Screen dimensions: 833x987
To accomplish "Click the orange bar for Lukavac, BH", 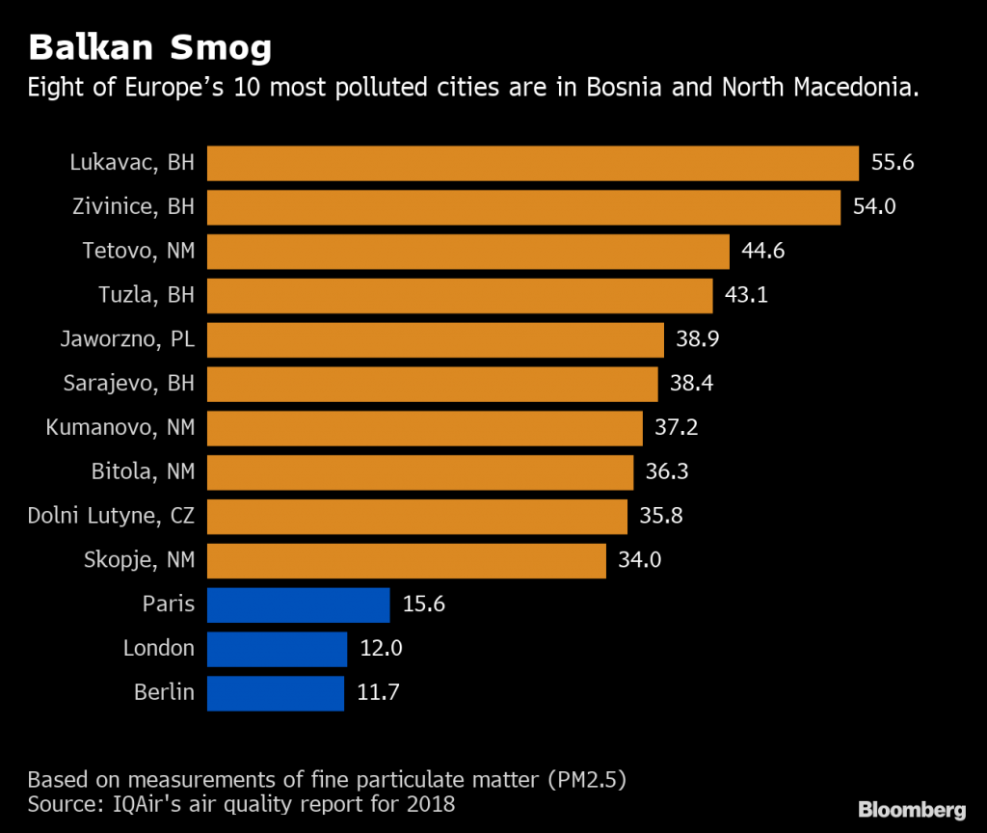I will pyautogui.click(x=532, y=163).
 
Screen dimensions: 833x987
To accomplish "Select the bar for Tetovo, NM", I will pyautogui.click(x=467, y=252).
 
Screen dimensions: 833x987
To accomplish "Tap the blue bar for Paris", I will pyautogui.click(x=298, y=605).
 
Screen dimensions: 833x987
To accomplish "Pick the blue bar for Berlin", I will pyautogui.click(x=275, y=693).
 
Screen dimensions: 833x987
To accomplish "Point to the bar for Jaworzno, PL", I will pyautogui.click(x=435, y=340).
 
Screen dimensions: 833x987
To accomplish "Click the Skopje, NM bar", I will pyautogui.click(x=406, y=561).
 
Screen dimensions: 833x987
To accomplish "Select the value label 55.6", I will pyautogui.click(x=893, y=163).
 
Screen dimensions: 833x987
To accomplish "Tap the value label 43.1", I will pyautogui.click(x=746, y=296).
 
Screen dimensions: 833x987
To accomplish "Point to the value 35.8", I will pyautogui.click(x=661, y=517).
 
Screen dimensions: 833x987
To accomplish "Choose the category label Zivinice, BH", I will pyautogui.click(x=133, y=207).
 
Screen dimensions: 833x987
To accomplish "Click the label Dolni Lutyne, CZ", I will pyautogui.click(x=111, y=517).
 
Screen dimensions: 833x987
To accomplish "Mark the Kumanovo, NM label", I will pyautogui.click(x=120, y=428).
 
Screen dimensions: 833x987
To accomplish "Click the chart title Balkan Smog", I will pyautogui.click(x=149, y=47).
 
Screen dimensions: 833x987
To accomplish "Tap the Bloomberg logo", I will pyautogui.click(x=912, y=809).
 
